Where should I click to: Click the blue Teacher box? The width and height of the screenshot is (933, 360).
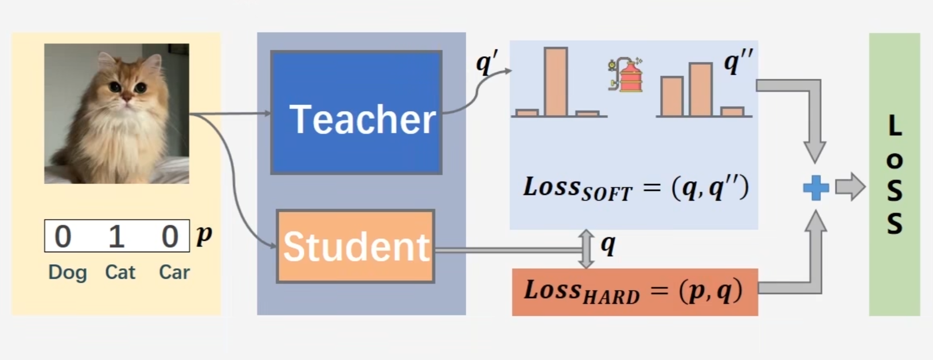(356, 112)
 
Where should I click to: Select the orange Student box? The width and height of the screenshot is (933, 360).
(356, 246)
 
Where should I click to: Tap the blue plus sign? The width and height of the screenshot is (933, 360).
(816, 188)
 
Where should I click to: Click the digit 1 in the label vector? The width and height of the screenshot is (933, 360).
(116, 236)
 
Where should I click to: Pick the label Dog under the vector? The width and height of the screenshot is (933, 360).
(68, 272)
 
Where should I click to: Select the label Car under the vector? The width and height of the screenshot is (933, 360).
(174, 272)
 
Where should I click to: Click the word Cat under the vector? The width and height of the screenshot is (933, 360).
(120, 272)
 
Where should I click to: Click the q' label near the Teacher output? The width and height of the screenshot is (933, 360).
(486, 62)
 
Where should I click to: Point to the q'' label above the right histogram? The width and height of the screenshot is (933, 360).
(739, 61)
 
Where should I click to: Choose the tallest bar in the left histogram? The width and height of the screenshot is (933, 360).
(556, 82)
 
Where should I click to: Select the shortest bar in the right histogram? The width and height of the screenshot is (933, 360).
(732, 111)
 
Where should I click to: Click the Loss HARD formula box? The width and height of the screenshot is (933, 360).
(634, 292)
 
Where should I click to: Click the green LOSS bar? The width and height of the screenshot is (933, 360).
(894, 174)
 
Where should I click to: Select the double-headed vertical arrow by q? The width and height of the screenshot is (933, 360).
(586, 249)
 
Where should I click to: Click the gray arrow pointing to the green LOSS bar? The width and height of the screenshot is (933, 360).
(850, 187)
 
